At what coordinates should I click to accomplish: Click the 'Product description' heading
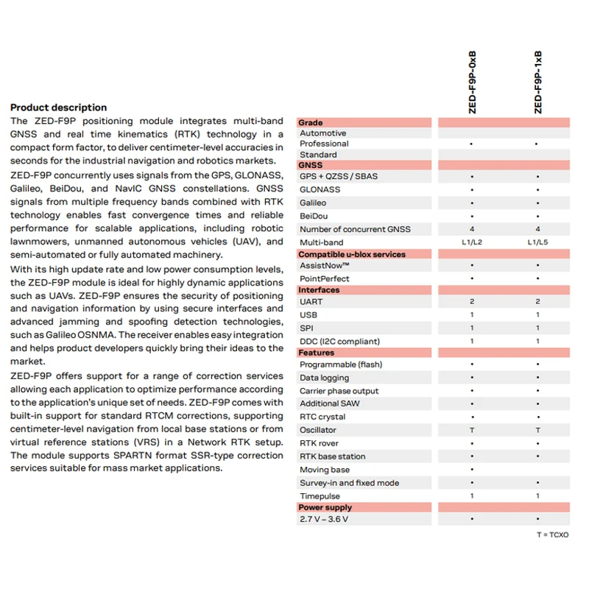click(x=58, y=107)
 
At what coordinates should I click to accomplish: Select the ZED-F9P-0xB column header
click(x=472, y=82)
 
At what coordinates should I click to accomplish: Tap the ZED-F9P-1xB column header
click(x=537, y=82)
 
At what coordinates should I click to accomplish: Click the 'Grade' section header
click(x=311, y=123)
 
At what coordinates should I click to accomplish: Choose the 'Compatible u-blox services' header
click(x=351, y=255)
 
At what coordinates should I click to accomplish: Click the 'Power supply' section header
click(x=325, y=507)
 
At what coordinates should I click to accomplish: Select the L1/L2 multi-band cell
click(x=472, y=242)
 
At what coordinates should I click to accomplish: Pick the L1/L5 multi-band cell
click(x=537, y=242)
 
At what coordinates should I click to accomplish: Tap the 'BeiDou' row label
click(x=314, y=216)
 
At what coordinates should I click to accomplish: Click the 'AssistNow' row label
click(x=324, y=266)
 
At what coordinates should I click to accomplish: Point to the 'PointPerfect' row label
click(x=324, y=279)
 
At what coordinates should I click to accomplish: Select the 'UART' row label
click(x=311, y=302)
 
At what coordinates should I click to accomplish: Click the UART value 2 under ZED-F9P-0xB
click(x=472, y=302)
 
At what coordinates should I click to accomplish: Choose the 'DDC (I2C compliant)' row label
click(x=339, y=341)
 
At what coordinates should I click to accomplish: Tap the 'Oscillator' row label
click(x=318, y=430)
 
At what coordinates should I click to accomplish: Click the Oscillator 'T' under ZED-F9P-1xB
click(x=537, y=430)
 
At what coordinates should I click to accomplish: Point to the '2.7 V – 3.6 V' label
click(x=324, y=519)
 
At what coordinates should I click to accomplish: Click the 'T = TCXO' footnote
click(x=552, y=535)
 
